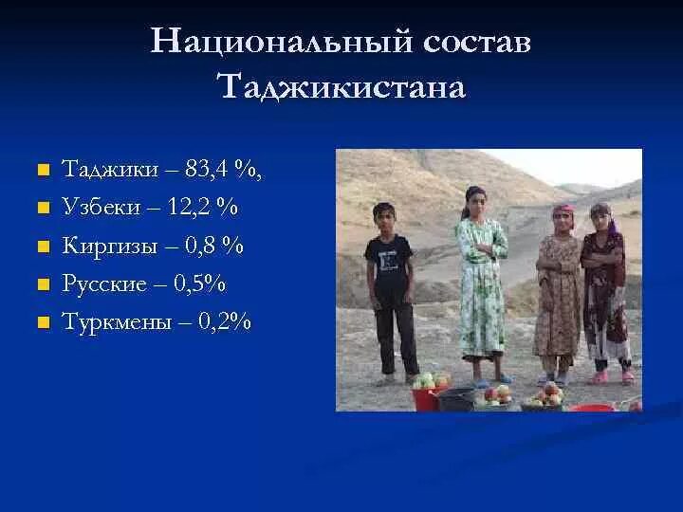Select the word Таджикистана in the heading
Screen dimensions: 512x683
point(341,88)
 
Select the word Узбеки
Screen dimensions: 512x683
point(98,207)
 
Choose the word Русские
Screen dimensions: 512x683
point(104,283)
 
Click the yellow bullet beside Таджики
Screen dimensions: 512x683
point(41,172)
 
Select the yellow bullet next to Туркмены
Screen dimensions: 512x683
point(41,322)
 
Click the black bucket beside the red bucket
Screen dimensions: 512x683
point(456,397)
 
